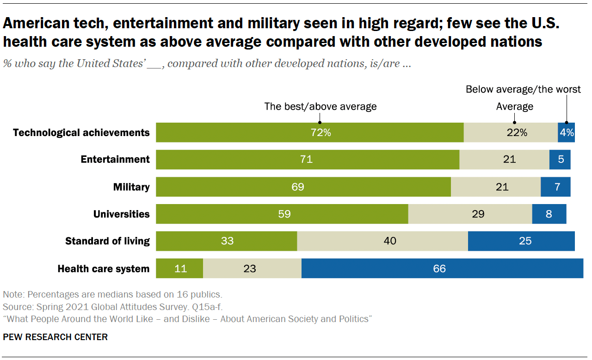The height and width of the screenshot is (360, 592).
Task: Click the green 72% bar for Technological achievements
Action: [309, 133]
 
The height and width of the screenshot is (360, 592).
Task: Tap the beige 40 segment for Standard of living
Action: [382, 242]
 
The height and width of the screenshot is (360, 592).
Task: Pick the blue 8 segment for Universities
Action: [549, 214]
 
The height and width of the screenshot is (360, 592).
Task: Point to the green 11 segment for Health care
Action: [179, 269]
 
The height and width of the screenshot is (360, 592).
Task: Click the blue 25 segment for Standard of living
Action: [521, 242]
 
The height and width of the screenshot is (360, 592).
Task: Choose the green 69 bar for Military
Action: [303, 187]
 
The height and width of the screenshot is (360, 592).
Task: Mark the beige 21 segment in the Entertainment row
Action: [504, 160]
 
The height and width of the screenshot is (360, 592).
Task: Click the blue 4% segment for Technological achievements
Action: [566, 133]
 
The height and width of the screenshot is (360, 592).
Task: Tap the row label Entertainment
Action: [115, 160]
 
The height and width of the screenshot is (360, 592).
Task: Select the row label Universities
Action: [122, 214]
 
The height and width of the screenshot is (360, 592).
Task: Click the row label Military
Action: [131, 187]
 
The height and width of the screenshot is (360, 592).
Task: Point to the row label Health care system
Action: [103, 269]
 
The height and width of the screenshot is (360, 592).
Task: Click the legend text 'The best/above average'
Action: [321, 106]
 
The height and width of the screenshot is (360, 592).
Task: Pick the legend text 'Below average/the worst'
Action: [523, 89]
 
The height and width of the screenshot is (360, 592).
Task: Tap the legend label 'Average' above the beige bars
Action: [515, 106]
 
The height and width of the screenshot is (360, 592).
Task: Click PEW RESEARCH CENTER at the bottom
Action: [55, 337]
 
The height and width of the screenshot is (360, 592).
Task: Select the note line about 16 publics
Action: [112, 294]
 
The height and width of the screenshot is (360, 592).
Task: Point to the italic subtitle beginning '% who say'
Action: [207, 64]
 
